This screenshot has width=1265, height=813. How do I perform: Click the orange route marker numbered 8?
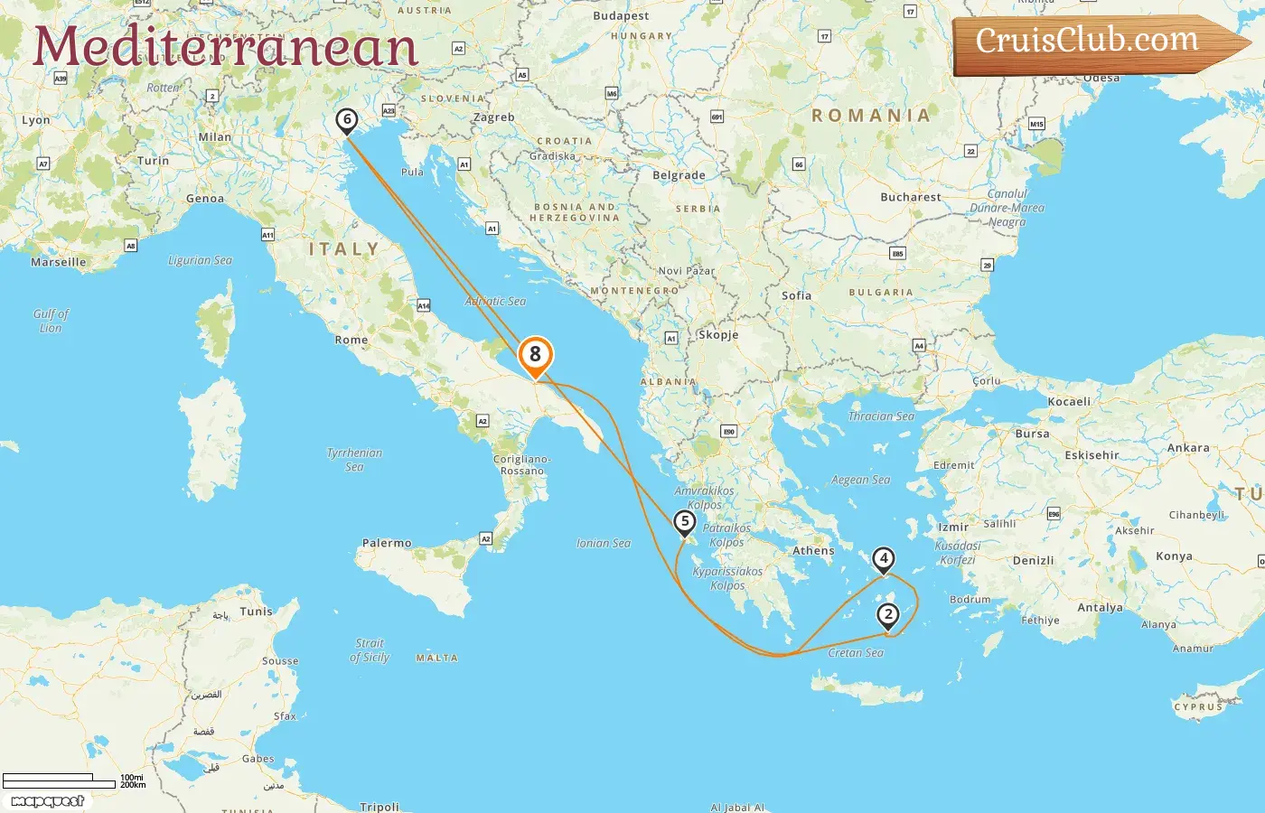pyautogui.click(x=535, y=355)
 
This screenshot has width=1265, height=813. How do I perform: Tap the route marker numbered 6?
pyautogui.click(x=346, y=119)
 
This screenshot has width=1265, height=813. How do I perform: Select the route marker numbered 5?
pyautogui.click(x=685, y=521)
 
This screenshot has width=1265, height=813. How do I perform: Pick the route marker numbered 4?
pyautogui.click(x=884, y=559)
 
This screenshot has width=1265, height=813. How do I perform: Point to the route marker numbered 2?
pyautogui.click(x=888, y=615)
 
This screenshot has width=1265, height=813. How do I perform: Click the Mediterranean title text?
pyautogui.click(x=225, y=47)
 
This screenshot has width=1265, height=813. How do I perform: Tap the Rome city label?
pyautogui.click(x=351, y=340)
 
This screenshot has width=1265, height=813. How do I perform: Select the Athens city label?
pyautogui.click(x=813, y=550)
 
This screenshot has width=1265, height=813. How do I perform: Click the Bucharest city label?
pyautogui.click(x=910, y=197)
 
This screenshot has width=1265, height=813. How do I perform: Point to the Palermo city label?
pyautogui.click(x=387, y=543)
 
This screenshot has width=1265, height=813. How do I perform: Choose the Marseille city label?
pyautogui.click(x=59, y=262)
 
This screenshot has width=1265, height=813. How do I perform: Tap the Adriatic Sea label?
pyautogui.click(x=495, y=301)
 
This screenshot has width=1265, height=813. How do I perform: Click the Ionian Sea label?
pyautogui.click(x=604, y=543)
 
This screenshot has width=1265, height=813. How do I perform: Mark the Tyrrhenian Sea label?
pyautogui.click(x=354, y=460)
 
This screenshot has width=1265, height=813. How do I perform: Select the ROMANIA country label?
pyautogui.click(x=871, y=116)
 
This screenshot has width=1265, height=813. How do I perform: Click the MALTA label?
pyautogui.click(x=436, y=658)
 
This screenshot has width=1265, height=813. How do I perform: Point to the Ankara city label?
pyautogui.click(x=1187, y=447)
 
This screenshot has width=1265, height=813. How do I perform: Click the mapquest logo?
pyautogui.click(x=48, y=801)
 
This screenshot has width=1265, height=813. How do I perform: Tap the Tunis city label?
pyautogui.click(x=256, y=612)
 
